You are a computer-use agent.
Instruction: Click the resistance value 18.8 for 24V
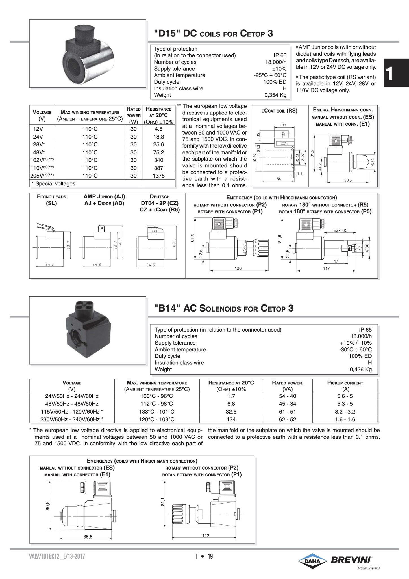coord(158,137)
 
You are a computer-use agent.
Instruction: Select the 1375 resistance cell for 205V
coord(158,176)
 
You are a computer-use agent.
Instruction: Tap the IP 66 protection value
coord(279,55)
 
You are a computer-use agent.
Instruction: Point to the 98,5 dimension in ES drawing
coord(348,180)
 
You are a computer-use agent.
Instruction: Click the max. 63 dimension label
coord(340,230)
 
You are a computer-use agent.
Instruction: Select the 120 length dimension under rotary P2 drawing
coord(238,268)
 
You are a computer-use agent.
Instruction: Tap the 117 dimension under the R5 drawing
coord(326,269)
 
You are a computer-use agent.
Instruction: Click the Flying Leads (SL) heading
coord(51,200)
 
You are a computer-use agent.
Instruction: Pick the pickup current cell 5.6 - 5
coord(345,396)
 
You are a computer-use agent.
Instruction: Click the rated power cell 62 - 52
coord(288,419)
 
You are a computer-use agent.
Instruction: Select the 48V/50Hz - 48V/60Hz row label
coord(72,404)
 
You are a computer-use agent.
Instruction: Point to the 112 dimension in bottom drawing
coord(206,536)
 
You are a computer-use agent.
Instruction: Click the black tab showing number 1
coord(396,72)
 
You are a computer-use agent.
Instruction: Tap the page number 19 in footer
coord(210,557)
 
